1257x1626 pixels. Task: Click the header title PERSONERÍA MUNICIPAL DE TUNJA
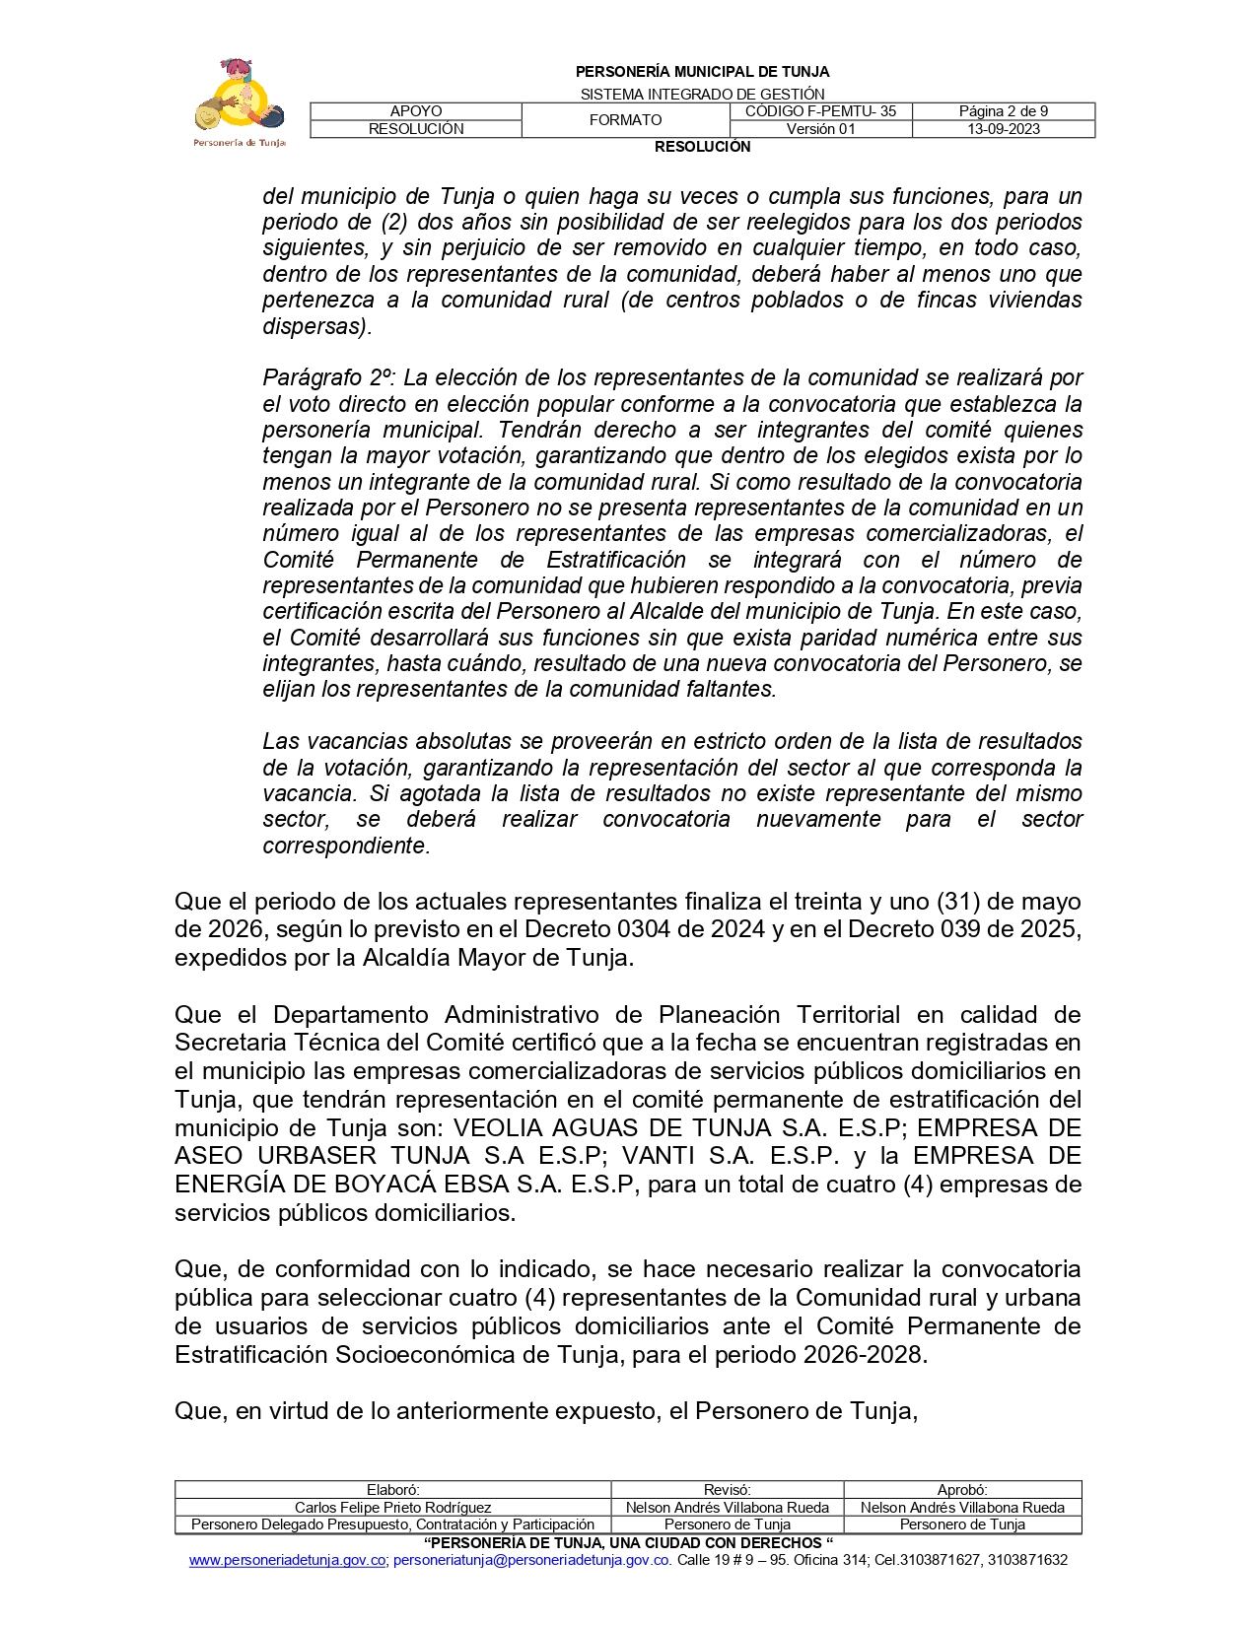tap(702, 72)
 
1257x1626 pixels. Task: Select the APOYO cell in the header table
tap(416, 111)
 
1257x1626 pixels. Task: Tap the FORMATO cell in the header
tap(625, 120)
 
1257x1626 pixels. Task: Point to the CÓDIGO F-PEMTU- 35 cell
tap(820, 111)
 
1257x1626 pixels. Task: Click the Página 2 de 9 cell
tap(1003, 111)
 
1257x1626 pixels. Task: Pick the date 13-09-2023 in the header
tap(1003, 129)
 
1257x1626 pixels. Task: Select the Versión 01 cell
tap(820, 129)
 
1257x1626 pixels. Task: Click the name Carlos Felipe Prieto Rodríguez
tap(392, 1508)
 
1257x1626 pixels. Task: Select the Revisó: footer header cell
tap(727, 1490)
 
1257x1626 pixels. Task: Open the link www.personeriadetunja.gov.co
tap(287, 1560)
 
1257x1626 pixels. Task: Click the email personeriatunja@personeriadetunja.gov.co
tap(531, 1560)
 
